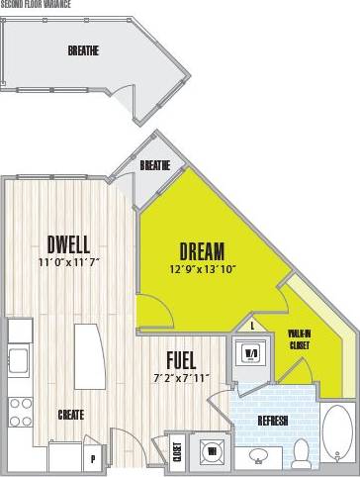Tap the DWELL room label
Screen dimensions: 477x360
68,243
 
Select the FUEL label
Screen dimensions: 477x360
180,359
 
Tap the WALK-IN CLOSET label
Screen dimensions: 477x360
302,340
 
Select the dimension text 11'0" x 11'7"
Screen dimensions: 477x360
68,262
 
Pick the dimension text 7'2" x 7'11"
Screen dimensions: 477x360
181,377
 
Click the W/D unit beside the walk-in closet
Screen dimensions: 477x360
251,352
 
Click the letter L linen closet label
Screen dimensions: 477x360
253,325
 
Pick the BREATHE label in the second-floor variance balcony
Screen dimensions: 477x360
83,50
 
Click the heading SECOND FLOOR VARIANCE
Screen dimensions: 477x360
40,3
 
